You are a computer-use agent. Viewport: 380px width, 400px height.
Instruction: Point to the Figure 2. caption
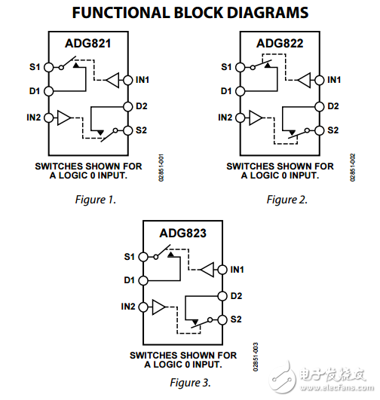click(287, 200)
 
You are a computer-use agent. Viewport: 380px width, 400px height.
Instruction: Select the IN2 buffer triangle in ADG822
click(257, 118)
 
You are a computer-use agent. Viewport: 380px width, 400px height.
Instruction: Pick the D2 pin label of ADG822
click(332, 105)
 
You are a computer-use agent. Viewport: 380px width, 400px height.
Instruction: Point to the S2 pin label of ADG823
click(236, 319)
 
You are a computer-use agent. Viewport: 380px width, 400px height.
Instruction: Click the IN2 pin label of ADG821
click(33, 118)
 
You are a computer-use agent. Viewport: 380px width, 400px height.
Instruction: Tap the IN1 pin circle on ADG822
click(319, 80)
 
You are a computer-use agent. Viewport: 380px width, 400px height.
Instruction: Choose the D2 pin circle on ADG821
click(127, 105)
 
